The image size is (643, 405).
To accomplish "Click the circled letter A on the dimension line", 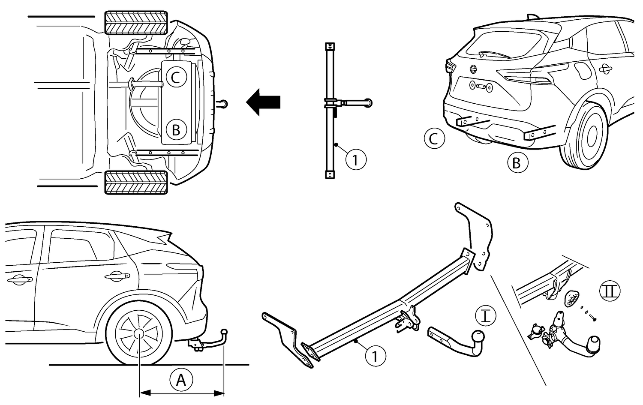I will [x=181, y=380].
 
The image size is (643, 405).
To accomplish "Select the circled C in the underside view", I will [x=176, y=78].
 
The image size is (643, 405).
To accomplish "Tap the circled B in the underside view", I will [x=176, y=129].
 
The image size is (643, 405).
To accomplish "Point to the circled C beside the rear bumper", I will [x=434, y=138].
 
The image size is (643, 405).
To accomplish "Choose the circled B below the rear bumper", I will [x=517, y=163].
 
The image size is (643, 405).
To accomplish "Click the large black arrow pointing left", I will [x=263, y=102].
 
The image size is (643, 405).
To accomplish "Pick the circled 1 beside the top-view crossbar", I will [x=356, y=160].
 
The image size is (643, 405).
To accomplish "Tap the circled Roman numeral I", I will [x=486, y=316].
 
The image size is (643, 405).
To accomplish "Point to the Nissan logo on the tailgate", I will [x=473, y=69].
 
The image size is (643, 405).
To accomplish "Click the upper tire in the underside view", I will [x=136, y=22].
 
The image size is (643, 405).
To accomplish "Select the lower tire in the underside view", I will [x=136, y=182].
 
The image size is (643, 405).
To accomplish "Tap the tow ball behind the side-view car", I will [x=224, y=332].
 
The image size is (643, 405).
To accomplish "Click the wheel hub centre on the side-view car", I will [x=139, y=334].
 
